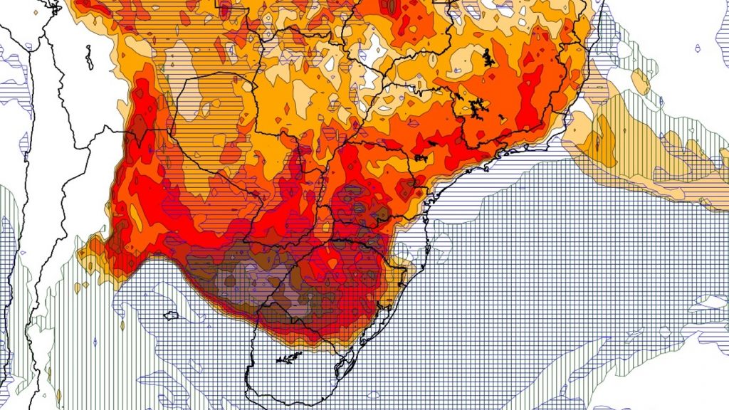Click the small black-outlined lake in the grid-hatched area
click(x=171, y=315)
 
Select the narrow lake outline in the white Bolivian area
click(x=89, y=57)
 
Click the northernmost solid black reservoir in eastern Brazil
click(x=488, y=58)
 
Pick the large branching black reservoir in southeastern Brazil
click(x=476, y=107)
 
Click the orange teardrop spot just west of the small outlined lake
click(x=122, y=327)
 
